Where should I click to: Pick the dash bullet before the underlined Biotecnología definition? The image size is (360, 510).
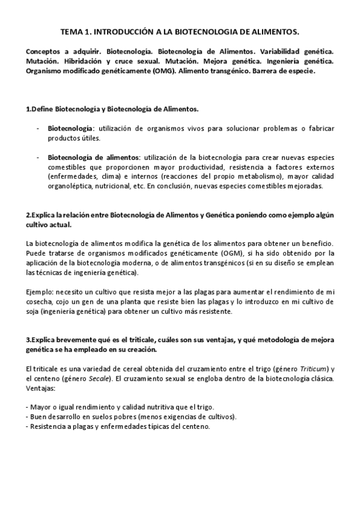pyautogui.click(x=38, y=129)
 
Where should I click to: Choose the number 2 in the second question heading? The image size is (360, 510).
pyautogui.click(x=28, y=215)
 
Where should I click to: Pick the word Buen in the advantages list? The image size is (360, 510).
pyautogui.click(x=38, y=417)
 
